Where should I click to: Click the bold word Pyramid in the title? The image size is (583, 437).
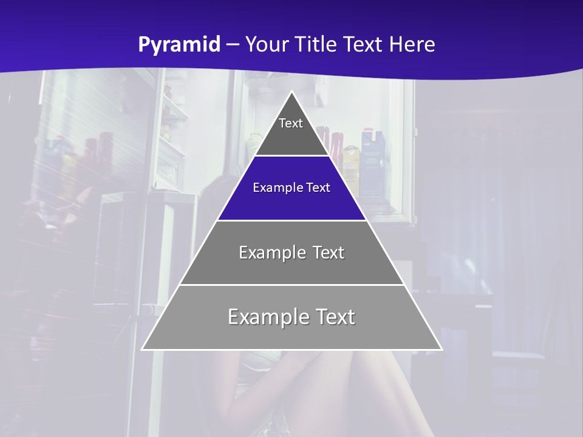click(x=179, y=45)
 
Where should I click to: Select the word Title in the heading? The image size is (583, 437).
click(x=316, y=45)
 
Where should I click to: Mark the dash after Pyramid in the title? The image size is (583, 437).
click(x=232, y=45)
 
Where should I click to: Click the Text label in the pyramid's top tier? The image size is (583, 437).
click(x=291, y=123)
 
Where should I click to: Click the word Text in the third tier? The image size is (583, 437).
click(x=329, y=252)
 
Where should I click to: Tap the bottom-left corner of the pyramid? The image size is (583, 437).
click(x=143, y=349)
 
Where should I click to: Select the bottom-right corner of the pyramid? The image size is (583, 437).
click(x=442, y=349)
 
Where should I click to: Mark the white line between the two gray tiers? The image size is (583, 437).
click(x=292, y=285)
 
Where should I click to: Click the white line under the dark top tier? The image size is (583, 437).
click(x=292, y=156)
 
